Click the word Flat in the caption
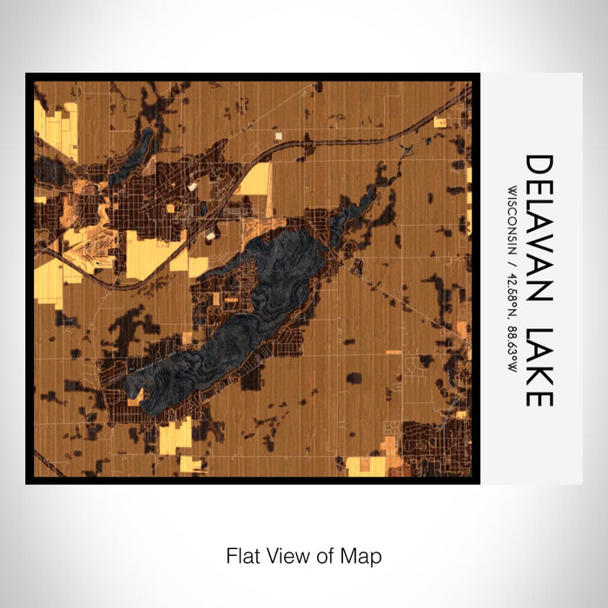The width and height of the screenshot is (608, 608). tap(243, 555)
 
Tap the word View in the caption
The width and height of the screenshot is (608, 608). tap(286, 555)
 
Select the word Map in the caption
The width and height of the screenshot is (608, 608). tap(363, 555)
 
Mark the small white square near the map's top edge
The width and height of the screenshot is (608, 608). tap(279, 135)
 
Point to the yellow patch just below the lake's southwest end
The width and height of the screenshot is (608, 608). tap(175, 436)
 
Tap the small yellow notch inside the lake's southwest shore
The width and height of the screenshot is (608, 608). tap(136, 396)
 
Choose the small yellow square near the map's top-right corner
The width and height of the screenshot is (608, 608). tap(439, 122)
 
